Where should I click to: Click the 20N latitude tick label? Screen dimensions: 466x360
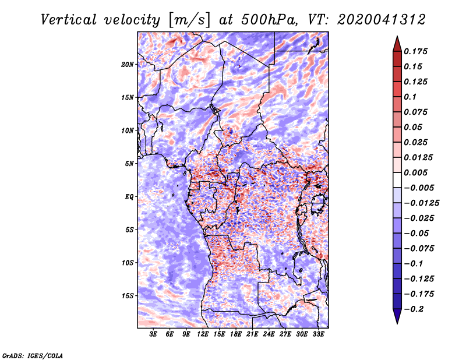(128, 65)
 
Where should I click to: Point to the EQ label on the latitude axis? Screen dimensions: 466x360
(129, 197)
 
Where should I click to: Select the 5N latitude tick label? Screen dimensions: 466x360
(129, 164)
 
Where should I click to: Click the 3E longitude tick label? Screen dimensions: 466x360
(153, 334)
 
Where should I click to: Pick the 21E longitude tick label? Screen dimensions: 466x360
(252, 334)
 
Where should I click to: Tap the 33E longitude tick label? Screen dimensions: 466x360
(318, 334)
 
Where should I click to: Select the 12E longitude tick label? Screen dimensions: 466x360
(202, 334)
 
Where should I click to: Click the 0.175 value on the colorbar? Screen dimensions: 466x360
(415, 51)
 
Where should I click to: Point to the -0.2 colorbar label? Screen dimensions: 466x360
(414, 309)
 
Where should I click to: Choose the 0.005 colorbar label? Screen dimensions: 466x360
(415, 172)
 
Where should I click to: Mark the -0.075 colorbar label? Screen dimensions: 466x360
(419, 249)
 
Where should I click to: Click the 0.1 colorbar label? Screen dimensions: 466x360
(410, 97)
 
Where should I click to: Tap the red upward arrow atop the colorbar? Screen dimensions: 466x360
(397, 44)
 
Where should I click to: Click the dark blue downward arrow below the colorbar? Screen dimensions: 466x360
(397, 316)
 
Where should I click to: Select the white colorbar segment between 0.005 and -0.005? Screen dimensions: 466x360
(397, 180)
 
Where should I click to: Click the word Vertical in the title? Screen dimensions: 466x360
(69, 20)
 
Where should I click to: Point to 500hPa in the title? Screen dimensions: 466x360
(269, 20)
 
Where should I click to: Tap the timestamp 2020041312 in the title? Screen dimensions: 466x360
(382, 20)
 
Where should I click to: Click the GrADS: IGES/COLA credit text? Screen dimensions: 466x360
(33, 356)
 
